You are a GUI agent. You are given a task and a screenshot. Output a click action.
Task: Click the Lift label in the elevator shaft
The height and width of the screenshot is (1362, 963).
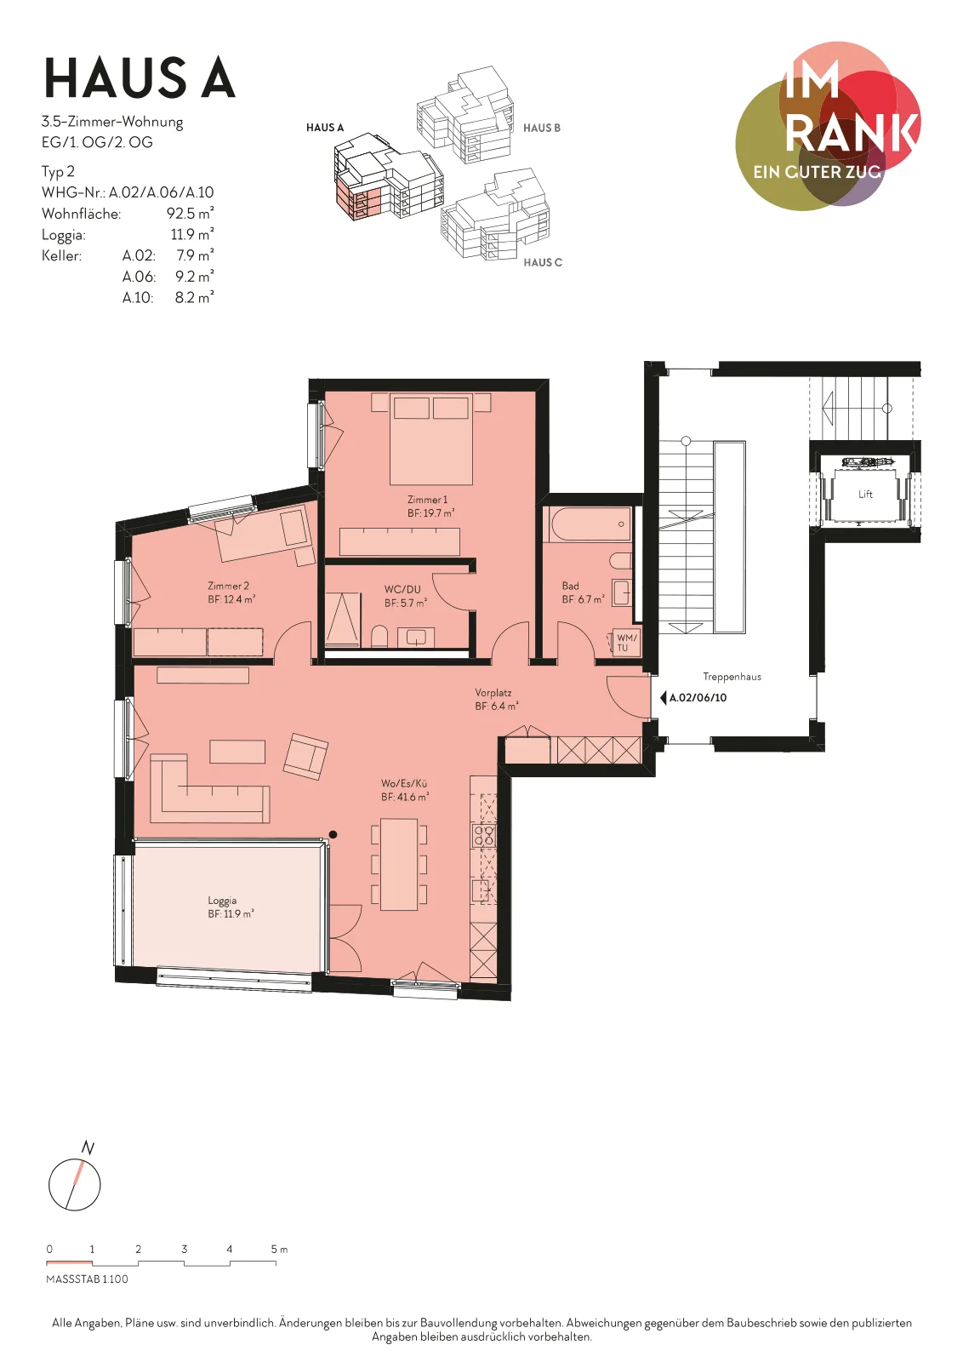(865, 495)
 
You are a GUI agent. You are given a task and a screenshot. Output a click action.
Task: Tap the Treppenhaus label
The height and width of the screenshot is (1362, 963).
(732, 677)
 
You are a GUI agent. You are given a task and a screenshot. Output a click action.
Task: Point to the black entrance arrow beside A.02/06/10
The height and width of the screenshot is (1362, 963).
(663, 698)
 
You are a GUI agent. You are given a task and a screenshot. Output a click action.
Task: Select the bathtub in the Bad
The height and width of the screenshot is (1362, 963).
(590, 524)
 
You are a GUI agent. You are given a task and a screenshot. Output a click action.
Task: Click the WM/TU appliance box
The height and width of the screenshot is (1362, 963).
(624, 643)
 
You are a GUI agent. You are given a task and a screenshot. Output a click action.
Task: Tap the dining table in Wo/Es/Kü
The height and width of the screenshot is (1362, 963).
(399, 864)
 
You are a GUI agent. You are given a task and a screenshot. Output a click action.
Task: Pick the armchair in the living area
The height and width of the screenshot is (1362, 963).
(305, 757)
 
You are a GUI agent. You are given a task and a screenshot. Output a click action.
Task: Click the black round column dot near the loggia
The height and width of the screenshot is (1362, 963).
(333, 834)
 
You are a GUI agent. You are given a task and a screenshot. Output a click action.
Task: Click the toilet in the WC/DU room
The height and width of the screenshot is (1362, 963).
(379, 636)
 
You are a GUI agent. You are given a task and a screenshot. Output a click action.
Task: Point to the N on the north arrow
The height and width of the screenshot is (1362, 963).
(88, 1148)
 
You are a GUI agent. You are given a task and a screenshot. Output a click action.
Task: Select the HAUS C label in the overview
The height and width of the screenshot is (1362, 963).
(543, 263)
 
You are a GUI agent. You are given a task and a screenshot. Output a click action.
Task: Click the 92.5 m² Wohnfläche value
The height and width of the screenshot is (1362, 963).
(191, 214)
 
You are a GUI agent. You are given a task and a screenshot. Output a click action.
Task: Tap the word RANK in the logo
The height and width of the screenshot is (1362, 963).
(852, 133)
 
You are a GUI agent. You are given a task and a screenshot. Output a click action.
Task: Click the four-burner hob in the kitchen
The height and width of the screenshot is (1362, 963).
(484, 835)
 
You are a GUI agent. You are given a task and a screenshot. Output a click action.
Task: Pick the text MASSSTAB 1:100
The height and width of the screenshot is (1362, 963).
(88, 1279)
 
